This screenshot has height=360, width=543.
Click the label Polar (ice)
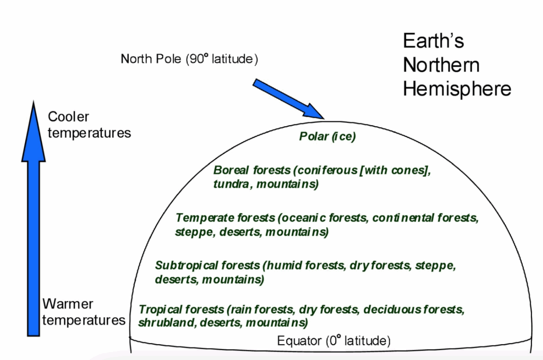[x=327, y=137]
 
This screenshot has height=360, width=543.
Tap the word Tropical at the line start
[x=159, y=309]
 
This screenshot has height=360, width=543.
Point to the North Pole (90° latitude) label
[x=189, y=58]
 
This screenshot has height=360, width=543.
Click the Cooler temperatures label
[x=89, y=125]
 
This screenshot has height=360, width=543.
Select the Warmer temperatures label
[x=83, y=312]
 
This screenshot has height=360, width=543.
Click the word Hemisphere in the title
[x=457, y=89]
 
